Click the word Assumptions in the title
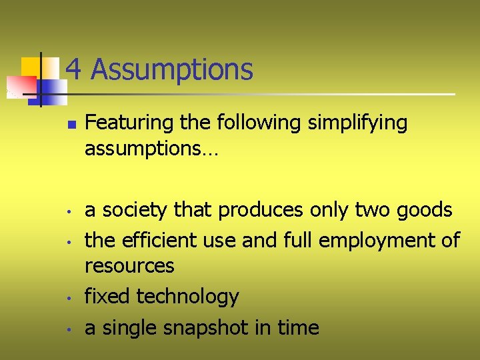(171, 69)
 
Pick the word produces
(262, 211)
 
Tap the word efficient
(153, 239)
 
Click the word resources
(129, 266)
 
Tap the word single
(128, 328)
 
